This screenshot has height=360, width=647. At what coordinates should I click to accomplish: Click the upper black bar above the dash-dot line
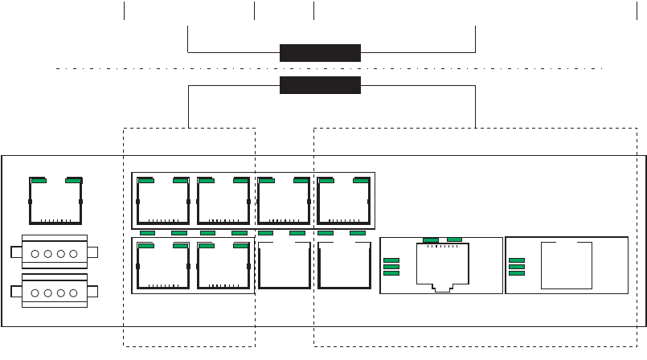[320, 53]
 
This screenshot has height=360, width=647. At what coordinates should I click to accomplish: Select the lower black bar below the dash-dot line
[320, 86]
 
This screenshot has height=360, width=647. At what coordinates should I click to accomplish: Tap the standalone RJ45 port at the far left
[55, 200]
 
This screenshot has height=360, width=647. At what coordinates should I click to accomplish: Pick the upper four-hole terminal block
[54, 252]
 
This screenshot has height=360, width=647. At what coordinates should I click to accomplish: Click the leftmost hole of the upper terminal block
[35, 253]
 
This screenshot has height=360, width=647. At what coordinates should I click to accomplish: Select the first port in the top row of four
[163, 200]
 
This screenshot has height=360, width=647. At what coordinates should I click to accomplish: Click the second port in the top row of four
[223, 200]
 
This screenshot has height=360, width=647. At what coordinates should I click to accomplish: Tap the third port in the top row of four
[284, 200]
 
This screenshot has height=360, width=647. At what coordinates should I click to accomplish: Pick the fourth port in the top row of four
[343, 200]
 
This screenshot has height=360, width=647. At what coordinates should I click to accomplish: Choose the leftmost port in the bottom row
[163, 265]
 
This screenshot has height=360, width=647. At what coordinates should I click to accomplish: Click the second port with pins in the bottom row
[223, 265]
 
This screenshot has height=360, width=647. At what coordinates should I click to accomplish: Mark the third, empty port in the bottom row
[284, 265]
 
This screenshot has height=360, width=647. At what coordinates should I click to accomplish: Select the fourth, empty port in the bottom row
[343, 265]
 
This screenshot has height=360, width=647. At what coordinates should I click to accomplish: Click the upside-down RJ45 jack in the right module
[442, 265]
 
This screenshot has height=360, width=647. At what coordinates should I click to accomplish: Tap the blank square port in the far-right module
[567, 265]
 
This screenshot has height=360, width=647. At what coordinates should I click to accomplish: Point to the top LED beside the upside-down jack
[392, 260]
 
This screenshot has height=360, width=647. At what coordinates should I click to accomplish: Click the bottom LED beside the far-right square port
[518, 273]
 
